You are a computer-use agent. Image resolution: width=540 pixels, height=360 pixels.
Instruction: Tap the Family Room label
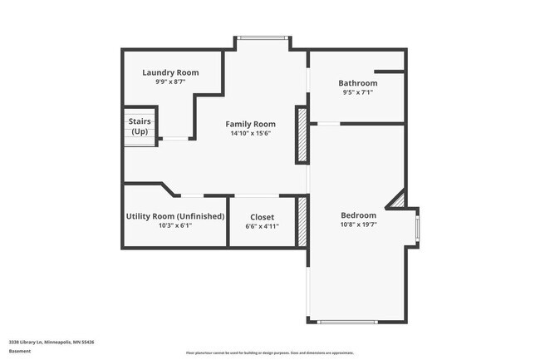(x=250, y=123)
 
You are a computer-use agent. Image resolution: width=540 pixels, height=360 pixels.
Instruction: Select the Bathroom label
(x=357, y=83)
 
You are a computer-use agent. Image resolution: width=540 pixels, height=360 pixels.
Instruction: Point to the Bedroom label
(x=358, y=215)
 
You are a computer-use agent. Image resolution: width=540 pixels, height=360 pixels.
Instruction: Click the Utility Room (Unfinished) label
(x=175, y=216)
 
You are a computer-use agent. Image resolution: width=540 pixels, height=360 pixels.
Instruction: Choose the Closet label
(x=262, y=217)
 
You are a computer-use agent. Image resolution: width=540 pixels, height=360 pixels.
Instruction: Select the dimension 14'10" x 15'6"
(x=250, y=133)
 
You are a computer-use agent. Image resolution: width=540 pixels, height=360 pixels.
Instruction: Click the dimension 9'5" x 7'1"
(x=357, y=93)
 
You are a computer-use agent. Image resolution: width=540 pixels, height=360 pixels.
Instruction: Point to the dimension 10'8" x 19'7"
(x=358, y=225)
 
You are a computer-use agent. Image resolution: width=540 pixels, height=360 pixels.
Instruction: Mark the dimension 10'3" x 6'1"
(x=175, y=226)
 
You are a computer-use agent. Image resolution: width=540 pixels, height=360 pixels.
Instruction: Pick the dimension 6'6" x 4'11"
(x=262, y=226)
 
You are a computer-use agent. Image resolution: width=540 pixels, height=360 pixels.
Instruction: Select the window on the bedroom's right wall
(x=417, y=224)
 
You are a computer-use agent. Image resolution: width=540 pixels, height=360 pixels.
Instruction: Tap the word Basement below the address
(x=20, y=351)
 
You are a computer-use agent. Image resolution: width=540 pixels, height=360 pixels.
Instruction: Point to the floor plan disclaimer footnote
(x=269, y=353)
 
